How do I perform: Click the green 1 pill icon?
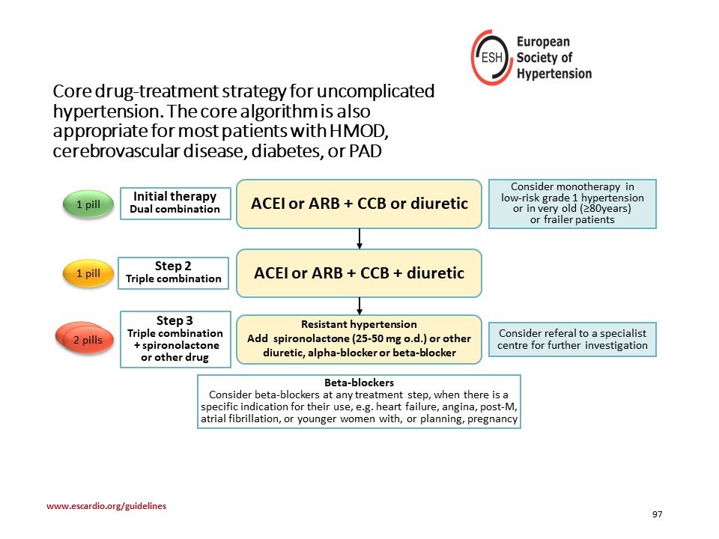[88, 204]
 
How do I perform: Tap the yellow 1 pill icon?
[88, 273]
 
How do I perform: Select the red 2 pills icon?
[85, 338]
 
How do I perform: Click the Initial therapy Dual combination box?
[175, 203]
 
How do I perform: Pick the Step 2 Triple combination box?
[173, 272]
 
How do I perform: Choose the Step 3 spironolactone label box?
[175, 339]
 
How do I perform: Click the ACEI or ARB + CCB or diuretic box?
[359, 204]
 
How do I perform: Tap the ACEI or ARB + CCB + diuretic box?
[359, 273]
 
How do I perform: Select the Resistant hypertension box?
[359, 339]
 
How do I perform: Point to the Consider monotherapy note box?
[572, 204]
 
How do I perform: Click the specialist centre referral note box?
[572, 339]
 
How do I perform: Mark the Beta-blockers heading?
[359, 383]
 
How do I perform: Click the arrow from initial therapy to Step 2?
[359, 239]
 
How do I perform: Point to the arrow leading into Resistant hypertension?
[359, 306]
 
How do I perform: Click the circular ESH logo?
[491, 58]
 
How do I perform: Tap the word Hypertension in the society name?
[554, 73]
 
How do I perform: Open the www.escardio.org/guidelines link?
[106, 506]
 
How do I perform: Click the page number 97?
[657, 514]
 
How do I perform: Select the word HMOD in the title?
[359, 131]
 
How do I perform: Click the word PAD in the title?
[365, 151]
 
